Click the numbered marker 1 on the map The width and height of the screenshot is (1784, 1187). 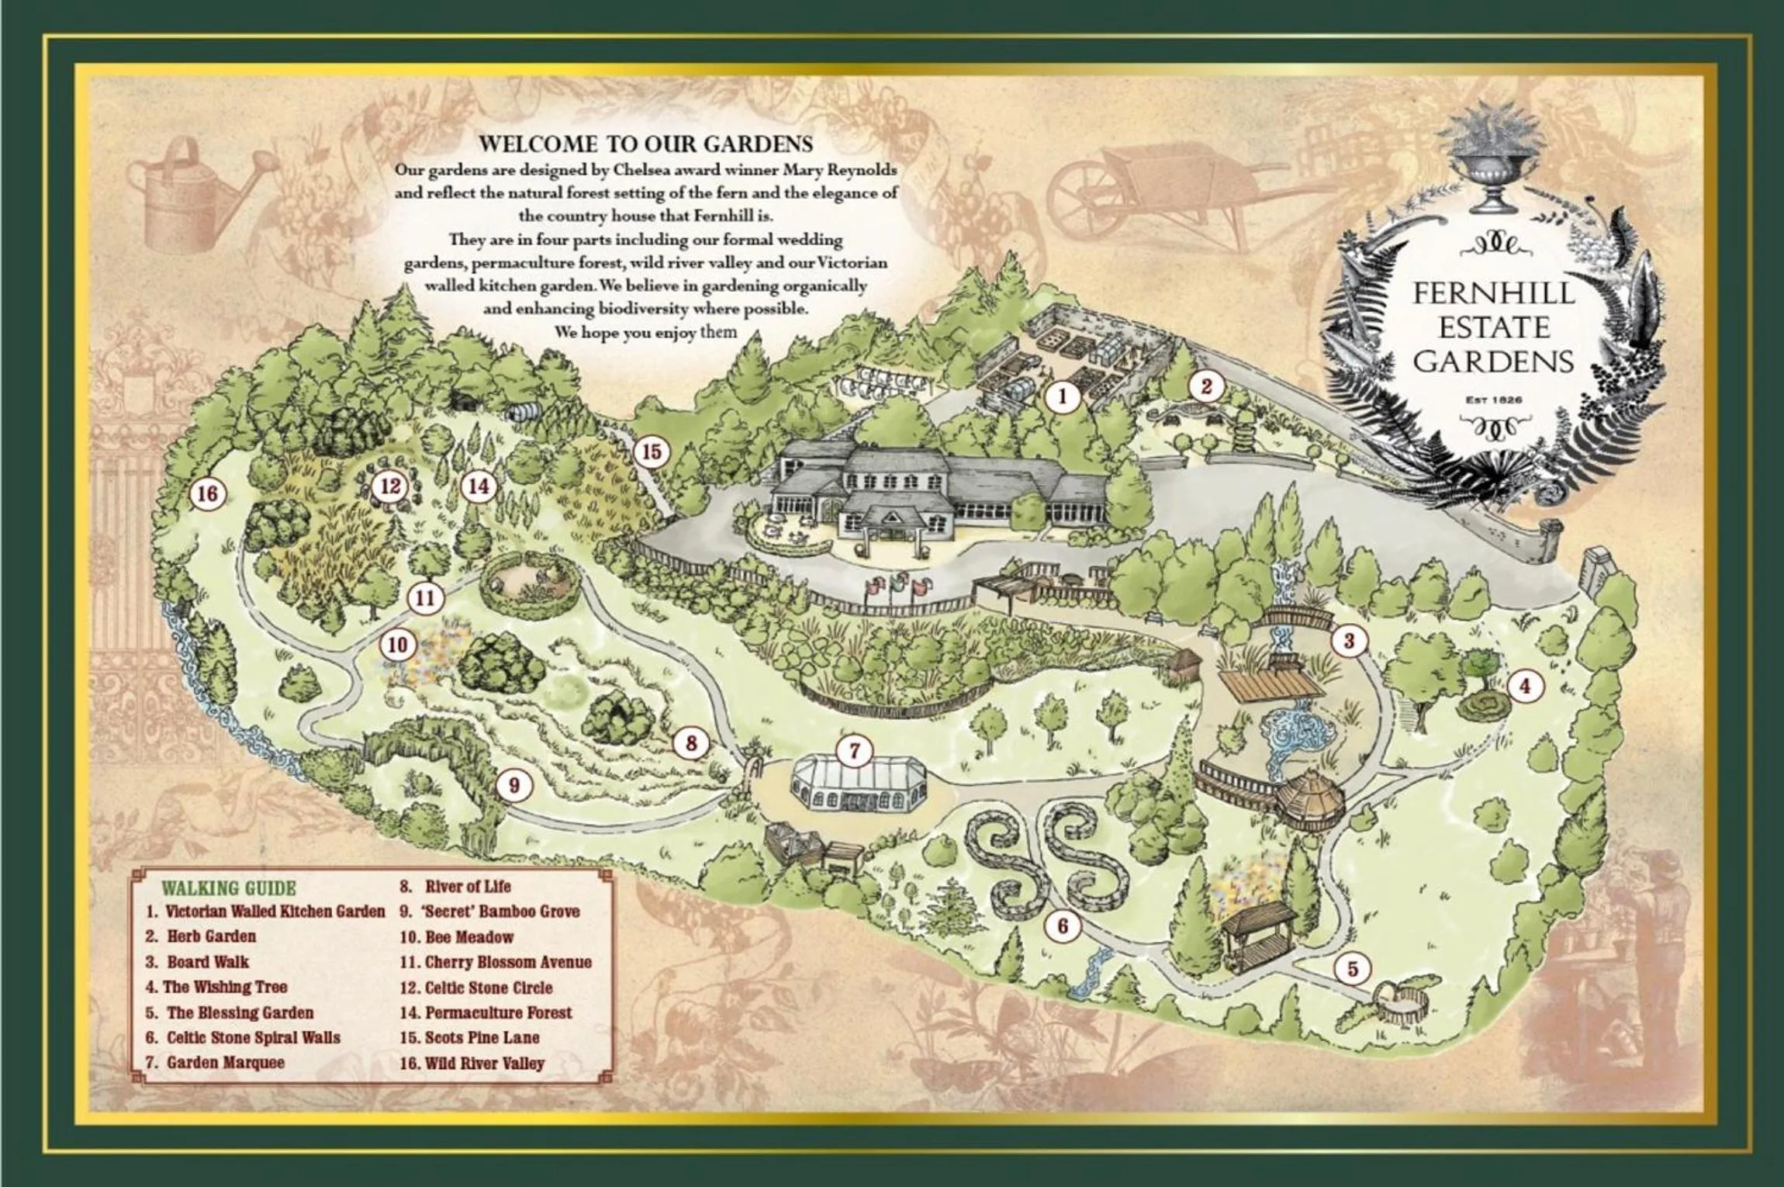pos(1062,397)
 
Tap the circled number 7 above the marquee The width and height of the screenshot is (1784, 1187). pos(854,750)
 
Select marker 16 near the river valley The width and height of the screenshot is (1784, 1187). pos(207,493)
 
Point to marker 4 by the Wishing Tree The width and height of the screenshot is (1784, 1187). pos(1525,686)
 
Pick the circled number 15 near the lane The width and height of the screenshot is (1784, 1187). pos(651,452)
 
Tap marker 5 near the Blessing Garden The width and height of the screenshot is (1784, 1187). pos(1353,968)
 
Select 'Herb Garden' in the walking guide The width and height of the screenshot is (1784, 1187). pos(211,936)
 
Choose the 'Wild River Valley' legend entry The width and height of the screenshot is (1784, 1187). pos(484,1064)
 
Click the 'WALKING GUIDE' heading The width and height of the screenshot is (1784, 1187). pos(228,888)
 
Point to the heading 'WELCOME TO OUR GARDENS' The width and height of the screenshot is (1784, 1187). pos(645,144)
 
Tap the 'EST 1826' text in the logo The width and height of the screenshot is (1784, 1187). pos(1493,400)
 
